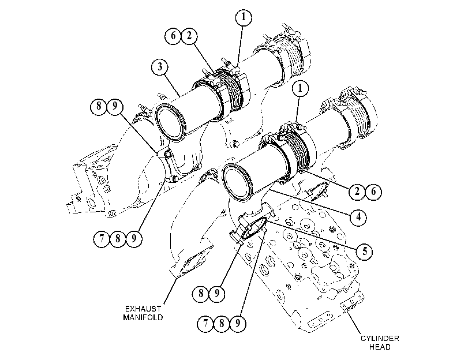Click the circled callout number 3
[160, 67]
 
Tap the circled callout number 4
[358, 217]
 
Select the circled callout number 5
[365, 252]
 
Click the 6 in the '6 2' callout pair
[173, 36]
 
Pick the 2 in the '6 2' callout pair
[189, 36]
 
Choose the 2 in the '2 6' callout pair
[357, 192]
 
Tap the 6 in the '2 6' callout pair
[373, 192]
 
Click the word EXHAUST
[143, 309]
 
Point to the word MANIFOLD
[143, 317]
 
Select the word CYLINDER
[380, 339]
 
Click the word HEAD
[380, 347]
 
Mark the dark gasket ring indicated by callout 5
[254, 228]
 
